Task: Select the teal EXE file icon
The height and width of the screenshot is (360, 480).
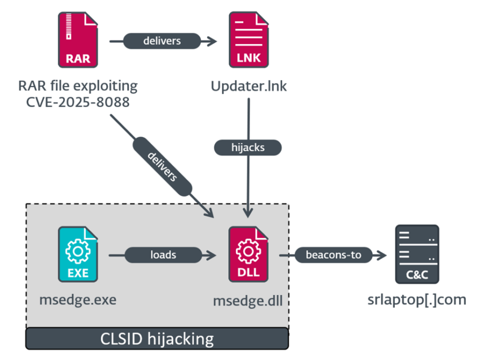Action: point(78,254)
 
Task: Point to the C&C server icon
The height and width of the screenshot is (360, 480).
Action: point(417,254)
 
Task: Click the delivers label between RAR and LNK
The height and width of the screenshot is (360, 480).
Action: point(162,41)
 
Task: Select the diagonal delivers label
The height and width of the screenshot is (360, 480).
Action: point(163,168)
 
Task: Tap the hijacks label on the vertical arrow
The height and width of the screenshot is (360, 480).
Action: point(248,147)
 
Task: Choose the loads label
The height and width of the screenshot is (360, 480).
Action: point(163,255)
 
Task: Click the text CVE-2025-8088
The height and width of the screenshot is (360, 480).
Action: point(78,102)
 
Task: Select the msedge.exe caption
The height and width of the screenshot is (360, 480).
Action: point(78,299)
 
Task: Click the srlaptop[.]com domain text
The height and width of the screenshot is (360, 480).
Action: point(417,299)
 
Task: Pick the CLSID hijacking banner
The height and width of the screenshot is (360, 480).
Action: point(157,339)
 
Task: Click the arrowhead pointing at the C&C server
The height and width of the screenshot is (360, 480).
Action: point(383,255)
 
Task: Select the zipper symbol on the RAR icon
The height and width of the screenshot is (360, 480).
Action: point(69,26)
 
